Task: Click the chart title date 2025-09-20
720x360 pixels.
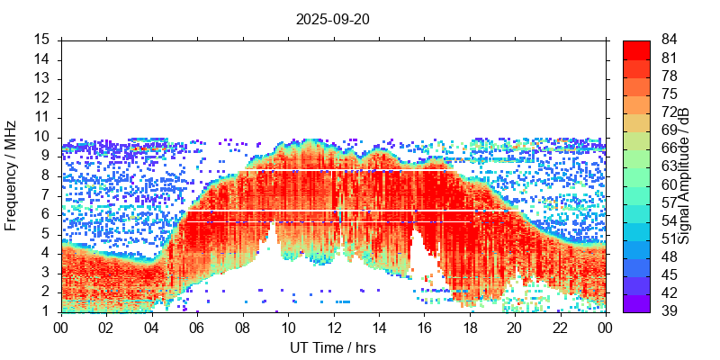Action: pos(333,19)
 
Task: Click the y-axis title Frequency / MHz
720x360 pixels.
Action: pos(11,176)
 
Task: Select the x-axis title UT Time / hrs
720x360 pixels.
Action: pos(333,347)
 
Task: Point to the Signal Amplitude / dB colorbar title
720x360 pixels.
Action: pos(685,176)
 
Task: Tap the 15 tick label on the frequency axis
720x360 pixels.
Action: pos(42,40)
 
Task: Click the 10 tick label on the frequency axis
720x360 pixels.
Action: pos(42,137)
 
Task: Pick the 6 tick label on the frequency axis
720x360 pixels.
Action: pos(46,214)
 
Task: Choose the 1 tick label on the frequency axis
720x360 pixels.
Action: pos(46,311)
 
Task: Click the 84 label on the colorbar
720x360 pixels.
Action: pos(669,40)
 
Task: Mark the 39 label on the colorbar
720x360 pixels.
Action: pos(669,311)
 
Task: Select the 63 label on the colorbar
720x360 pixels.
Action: pos(669,166)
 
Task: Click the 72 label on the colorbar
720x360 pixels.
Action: pos(669,112)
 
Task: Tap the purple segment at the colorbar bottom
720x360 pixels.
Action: pos(636,304)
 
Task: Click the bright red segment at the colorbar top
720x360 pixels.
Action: pos(636,48)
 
